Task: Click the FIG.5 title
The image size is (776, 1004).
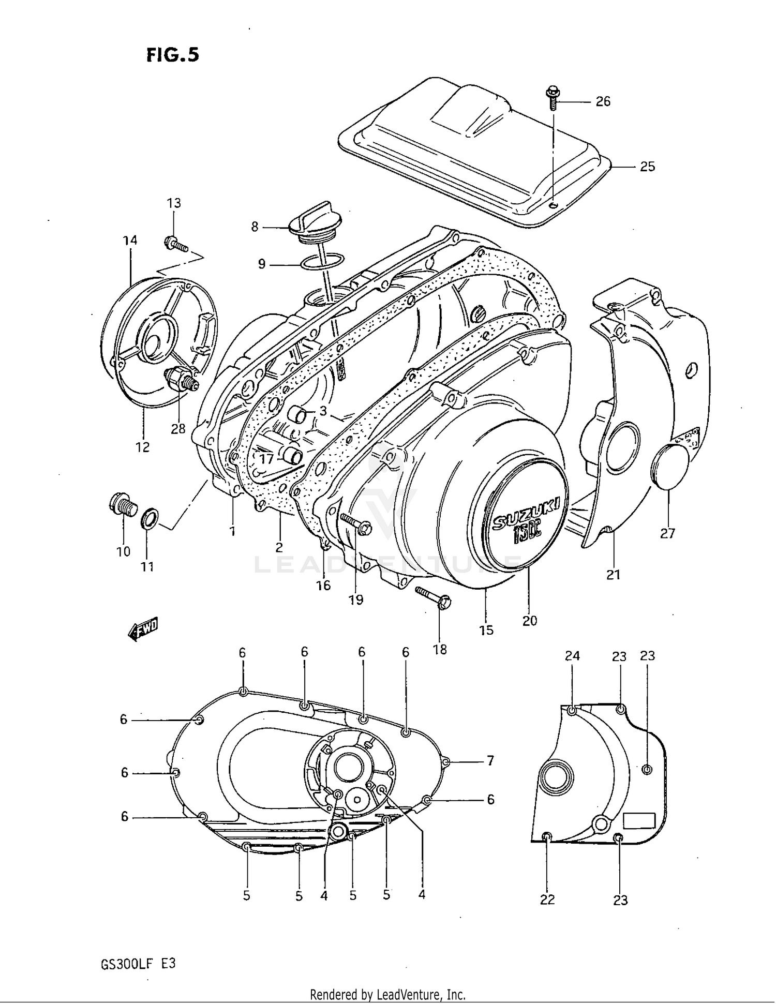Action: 172,55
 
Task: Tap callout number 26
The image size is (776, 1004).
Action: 603,101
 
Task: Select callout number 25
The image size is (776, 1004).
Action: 647,167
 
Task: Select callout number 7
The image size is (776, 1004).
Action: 490,760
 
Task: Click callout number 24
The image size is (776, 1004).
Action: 572,656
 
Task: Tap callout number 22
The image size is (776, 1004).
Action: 547,900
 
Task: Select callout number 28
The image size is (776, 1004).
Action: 177,429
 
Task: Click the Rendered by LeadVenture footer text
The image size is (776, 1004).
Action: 387,994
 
